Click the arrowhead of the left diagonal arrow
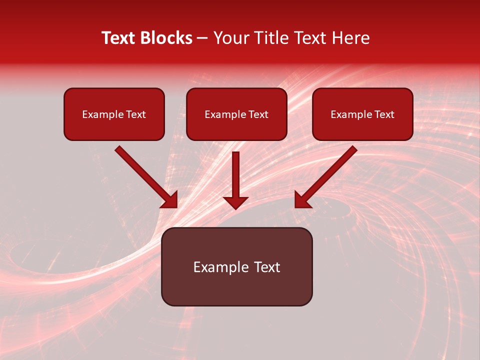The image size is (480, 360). coord(170,200)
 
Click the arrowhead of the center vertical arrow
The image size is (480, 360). coord(235,202)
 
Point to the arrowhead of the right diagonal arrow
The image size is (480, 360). coord(302,200)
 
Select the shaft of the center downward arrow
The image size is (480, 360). coord(235,172)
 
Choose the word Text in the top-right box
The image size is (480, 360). coord(384,114)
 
